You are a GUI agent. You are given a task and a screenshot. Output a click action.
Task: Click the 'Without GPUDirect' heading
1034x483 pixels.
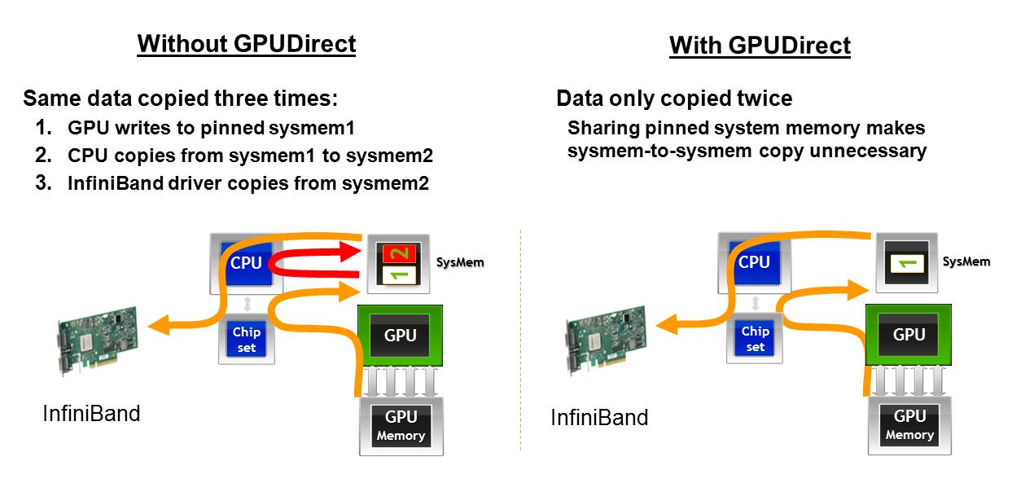(247, 43)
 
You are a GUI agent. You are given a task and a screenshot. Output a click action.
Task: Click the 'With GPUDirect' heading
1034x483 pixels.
(760, 46)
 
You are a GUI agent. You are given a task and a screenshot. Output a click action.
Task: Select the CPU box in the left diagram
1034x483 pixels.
(247, 264)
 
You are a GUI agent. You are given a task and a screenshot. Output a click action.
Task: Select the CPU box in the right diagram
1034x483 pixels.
(753, 262)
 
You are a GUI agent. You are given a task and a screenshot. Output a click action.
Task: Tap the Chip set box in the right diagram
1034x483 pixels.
(755, 339)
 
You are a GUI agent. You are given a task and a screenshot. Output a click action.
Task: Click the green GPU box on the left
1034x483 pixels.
(400, 335)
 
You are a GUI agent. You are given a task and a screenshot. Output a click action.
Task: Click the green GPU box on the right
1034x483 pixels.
(908, 334)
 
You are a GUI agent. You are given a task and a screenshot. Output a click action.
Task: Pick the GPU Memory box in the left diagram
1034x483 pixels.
(401, 425)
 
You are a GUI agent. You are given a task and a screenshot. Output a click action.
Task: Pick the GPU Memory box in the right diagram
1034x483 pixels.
(909, 424)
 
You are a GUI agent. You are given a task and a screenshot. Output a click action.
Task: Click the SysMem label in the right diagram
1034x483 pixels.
(966, 261)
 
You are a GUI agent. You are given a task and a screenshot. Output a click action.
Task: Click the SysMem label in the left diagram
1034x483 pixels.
(460, 263)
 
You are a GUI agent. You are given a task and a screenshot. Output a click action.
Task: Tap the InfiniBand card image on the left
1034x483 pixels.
(97, 341)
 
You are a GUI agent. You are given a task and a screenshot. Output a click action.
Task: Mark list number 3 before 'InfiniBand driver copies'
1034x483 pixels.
(42, 183)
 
